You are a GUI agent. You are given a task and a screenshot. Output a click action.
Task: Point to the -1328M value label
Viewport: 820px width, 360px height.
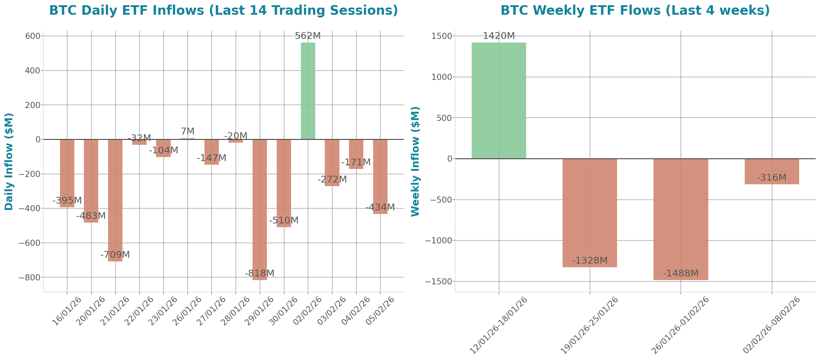pyautogui.click(x=590, y=261)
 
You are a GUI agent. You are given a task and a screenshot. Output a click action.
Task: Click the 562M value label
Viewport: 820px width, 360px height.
pyautogui.click(x=308, y=36)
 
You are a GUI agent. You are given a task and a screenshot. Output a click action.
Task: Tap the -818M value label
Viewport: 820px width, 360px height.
pyautogui.click(x=260, y=273)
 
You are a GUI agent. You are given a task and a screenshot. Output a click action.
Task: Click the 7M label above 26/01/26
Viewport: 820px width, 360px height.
pyautogui.click(x=188, y=131)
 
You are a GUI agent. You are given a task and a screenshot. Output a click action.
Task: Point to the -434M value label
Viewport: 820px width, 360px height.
pyautogui.click(x=380, y=207)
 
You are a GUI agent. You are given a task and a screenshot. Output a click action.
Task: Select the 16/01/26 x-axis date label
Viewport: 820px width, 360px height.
pyautogui.click(x=67, y=311)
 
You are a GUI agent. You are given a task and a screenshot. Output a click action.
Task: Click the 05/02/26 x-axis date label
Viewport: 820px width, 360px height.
pyautogui.click(x=380, y=311)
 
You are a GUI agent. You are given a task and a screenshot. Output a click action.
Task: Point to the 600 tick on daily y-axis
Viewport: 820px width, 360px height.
pyautogui.click(x=33, y=36)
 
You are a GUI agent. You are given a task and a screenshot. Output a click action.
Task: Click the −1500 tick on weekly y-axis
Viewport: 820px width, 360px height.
pyautogui.click(x=438, y=282)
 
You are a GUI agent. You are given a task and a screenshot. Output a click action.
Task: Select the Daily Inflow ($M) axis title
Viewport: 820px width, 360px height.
pyautogui.click(x=9, y=161)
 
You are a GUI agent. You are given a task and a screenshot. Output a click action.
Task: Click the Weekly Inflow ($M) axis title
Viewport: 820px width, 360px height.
pyautogui.click(x=415, y=161)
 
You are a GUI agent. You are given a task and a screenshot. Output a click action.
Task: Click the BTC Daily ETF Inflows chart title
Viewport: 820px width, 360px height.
pyautogui.click(x=223, y=10)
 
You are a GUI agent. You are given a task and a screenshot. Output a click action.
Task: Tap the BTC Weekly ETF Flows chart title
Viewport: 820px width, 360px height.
pyautogui.click(x=635, y=10)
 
